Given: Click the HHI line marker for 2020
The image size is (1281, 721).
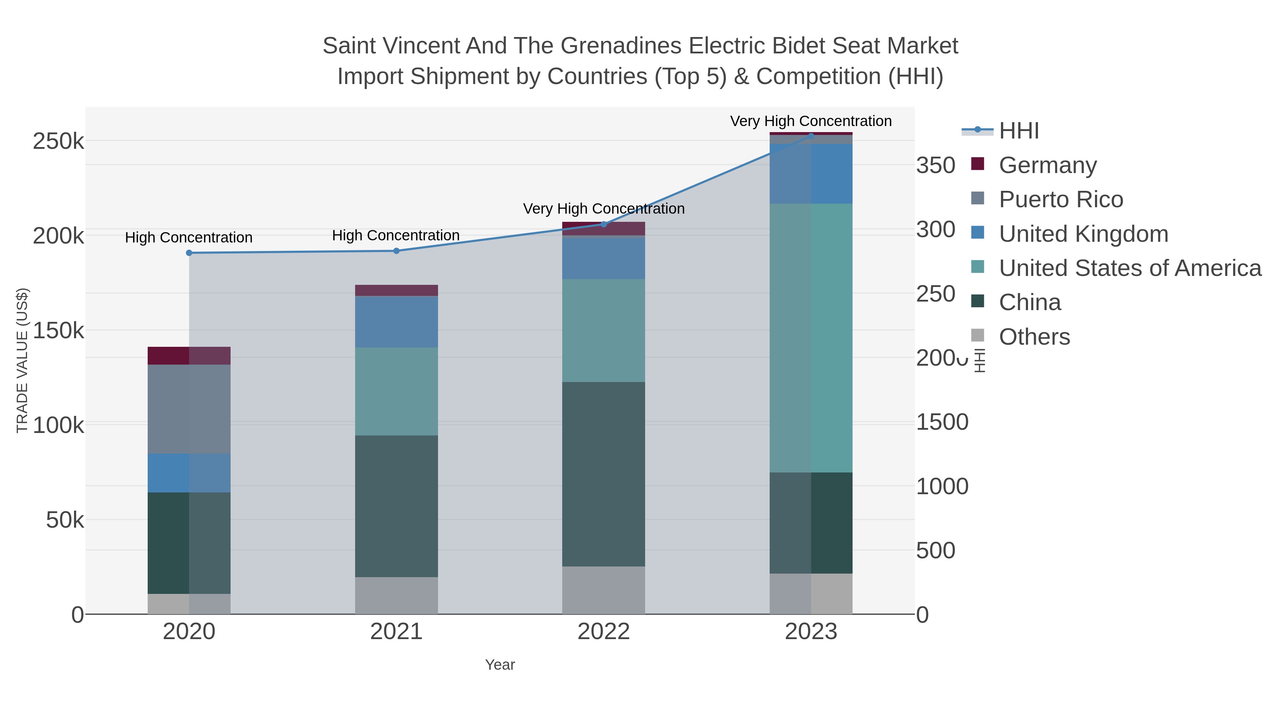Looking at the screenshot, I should tap(189, 253).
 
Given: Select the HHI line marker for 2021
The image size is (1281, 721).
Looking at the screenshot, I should tap(396, 251).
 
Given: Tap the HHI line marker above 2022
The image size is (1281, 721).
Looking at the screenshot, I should tap(604, 224).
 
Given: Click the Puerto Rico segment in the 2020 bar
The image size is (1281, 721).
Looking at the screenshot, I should tap(189, 409).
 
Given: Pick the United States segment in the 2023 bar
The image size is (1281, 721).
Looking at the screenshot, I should tap(811, 338).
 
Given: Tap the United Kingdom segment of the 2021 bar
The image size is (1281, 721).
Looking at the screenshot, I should tap(396, 322).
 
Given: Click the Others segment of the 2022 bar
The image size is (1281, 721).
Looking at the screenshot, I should tap(604, 590).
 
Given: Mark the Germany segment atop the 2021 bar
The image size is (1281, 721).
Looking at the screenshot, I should tap(396, 290).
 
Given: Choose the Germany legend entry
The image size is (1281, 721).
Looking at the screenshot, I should tap(1047, 165).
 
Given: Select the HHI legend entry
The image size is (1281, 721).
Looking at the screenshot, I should tap(1018, 131).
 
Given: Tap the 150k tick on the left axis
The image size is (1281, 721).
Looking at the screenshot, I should tap(58, 330).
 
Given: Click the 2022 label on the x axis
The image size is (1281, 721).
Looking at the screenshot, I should tap(604, 632).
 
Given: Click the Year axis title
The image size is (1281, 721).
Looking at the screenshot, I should tap(500, 665).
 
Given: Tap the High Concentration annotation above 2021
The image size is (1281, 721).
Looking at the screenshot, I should tap(395, 235).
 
